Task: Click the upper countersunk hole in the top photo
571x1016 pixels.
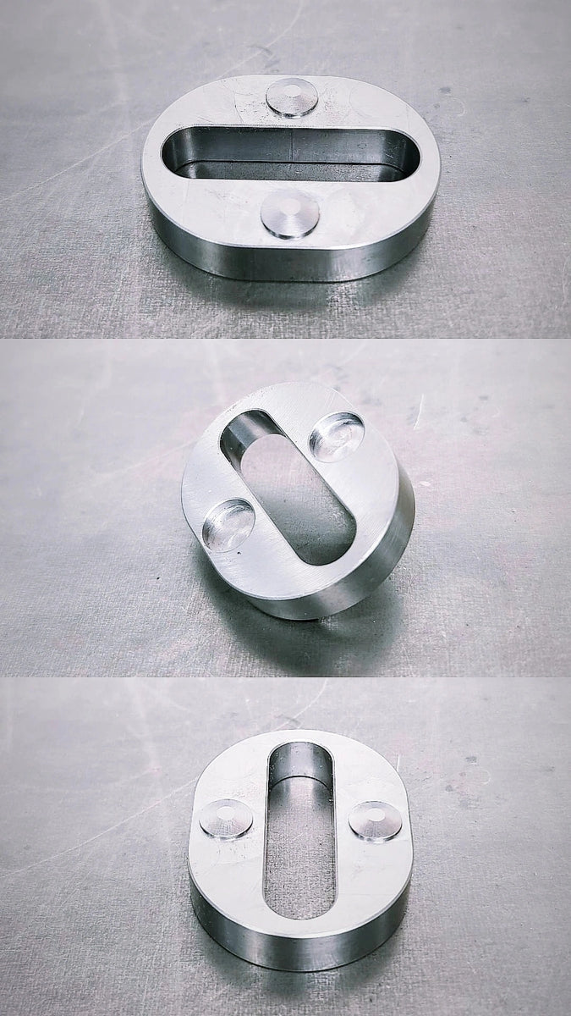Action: [292, 96]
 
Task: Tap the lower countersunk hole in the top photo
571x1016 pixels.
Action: [290, 213]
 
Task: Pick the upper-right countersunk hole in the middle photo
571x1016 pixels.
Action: [337, 436]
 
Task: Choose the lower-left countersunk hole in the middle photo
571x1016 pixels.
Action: [229, 524]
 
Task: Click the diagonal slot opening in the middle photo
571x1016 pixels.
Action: [288, 487]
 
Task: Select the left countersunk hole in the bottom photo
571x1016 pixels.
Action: [226, 819]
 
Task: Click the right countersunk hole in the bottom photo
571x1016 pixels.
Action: [376, 820]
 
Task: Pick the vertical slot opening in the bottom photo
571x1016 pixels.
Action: [300, 838]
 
